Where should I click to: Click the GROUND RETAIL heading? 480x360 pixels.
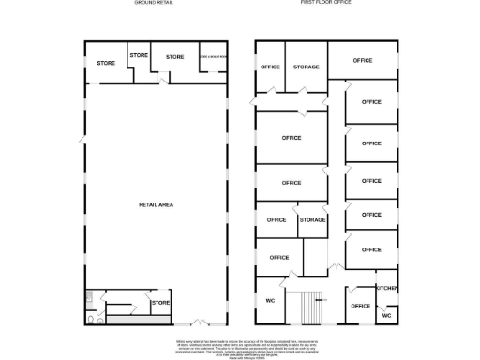[155, 4]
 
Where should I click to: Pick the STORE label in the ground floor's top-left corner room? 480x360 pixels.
[105, 63]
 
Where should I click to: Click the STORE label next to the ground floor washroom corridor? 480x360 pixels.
[160, 303]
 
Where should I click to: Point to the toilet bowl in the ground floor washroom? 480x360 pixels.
[89, 317]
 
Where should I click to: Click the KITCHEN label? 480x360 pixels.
[387, 288]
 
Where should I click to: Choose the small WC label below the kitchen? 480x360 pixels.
[386, 316]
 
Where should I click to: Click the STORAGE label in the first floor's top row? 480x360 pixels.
[307, 67]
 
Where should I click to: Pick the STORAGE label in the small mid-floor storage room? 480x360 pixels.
[312, 219]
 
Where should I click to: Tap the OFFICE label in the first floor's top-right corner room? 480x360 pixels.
[362, 60]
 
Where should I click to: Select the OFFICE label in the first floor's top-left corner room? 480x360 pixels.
[270, 67]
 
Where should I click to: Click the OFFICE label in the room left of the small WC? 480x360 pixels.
[360, 306]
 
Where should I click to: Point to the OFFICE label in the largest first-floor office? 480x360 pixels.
[291, 138]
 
